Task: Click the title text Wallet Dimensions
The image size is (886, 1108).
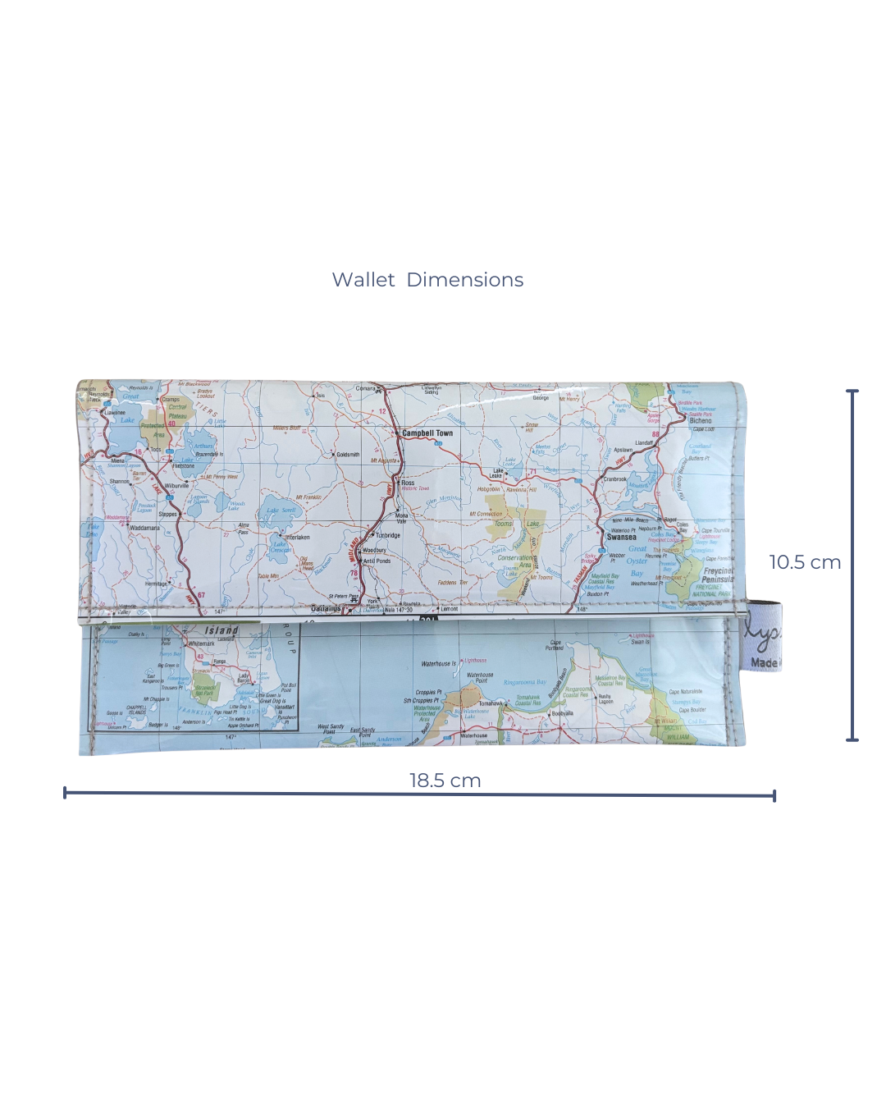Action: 427,280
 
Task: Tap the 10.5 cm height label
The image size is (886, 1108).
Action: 805,562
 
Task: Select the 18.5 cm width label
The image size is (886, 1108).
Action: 445,781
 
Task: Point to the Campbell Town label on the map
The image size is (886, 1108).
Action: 427,433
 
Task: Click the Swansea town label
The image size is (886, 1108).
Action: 621,538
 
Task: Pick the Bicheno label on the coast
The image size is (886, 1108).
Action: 701,421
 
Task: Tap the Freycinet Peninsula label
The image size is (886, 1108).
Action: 718,575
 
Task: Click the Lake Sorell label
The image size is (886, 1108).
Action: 281,511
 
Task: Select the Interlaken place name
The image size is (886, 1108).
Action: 297,538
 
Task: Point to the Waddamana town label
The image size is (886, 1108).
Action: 144,529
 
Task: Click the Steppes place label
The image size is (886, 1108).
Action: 167,515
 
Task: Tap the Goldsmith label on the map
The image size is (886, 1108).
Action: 348,455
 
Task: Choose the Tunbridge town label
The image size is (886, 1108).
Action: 388,535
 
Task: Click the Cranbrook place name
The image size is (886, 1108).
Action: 615,478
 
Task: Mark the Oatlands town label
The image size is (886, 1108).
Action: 327,609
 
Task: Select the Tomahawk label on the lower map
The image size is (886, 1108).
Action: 491,703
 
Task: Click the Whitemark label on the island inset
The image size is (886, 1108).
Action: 201,643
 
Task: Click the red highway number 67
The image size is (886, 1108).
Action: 201,596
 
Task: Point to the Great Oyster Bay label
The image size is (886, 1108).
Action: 637,561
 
